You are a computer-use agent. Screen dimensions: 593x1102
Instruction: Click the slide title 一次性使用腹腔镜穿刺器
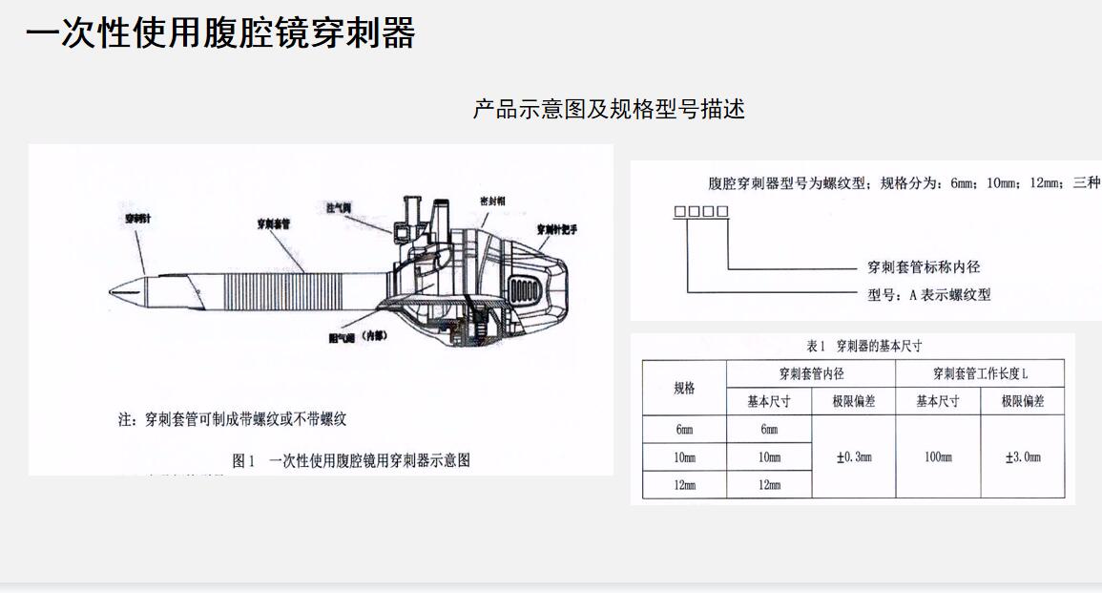tap(220, 33)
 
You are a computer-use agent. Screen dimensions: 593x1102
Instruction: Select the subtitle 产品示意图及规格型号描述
tap(609, 109)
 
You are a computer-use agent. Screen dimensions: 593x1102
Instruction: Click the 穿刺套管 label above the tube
tap(274, 224)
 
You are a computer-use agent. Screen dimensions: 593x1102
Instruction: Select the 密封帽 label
tap(491, 202)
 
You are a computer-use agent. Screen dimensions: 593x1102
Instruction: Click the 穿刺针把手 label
tap(556, 229)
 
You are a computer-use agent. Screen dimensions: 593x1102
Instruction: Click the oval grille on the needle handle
tap(526, 289)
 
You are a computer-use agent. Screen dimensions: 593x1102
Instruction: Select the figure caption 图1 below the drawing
tap(351, 460)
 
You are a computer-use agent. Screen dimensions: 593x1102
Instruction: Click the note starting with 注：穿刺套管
tap(232, 418)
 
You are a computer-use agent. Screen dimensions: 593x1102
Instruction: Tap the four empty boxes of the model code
tap(701, 212)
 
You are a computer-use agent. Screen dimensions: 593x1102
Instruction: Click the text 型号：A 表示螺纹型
tap(928, 295)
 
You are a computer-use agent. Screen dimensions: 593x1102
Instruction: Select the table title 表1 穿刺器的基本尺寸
tap(864, 346)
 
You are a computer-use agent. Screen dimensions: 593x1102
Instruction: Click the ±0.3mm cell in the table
tap(853, 456)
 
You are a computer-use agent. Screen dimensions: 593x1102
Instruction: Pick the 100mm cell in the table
tap(938, 456)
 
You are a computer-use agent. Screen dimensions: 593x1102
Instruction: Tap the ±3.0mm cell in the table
tap(1023, 456)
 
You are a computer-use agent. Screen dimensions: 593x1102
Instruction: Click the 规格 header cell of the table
tap(684, 388)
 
